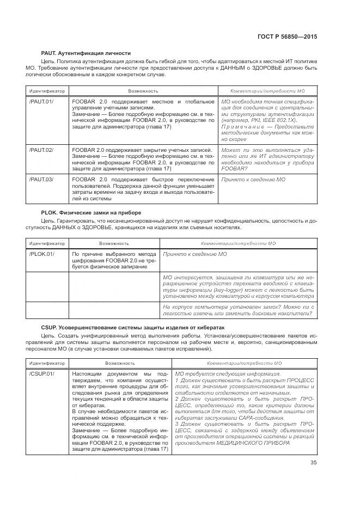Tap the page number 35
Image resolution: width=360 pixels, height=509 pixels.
click(313, 463)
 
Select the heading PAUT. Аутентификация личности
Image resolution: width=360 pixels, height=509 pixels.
click(86, 53)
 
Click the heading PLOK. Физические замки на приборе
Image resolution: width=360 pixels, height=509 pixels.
click(91, 212)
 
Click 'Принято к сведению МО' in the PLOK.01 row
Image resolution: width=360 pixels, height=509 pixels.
click(195, 254)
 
